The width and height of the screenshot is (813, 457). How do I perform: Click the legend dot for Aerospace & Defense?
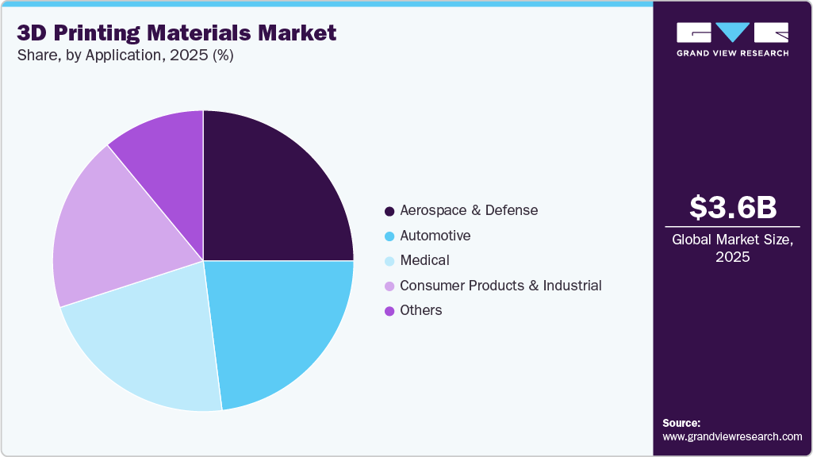pos(389,211)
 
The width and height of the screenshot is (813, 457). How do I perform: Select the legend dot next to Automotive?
pos(389,236)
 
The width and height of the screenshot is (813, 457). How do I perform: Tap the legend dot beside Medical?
pos(389,261)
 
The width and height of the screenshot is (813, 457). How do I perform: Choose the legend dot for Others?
pos(389,311)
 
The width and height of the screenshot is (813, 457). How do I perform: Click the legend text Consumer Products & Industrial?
pos(500,286)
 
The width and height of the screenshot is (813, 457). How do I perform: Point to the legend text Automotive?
pos(435,236)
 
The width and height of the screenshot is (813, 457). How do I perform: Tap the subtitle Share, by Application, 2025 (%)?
pos(125,56)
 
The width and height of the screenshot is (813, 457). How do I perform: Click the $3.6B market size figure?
pos(732,207)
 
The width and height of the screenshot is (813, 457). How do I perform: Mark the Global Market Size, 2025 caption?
pos(732,248)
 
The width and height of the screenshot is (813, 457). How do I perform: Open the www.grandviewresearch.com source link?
pos(732,436)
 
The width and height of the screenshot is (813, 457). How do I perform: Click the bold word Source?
pos(681,423)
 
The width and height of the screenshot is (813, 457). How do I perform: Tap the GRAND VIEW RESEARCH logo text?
pos(732,53)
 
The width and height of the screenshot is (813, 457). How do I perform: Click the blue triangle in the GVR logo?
pos(732,32)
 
